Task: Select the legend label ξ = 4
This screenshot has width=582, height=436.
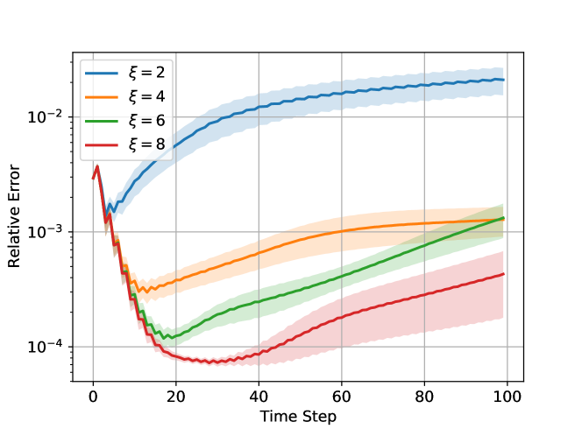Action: click(x=146, y=96)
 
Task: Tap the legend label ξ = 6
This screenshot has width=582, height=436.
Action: click(x=146, y=120)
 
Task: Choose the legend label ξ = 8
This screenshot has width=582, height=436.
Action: click(x=146, y=144)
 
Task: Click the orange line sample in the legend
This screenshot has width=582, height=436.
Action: click(x=103, y=96)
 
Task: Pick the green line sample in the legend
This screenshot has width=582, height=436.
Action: click(x=103, y=120)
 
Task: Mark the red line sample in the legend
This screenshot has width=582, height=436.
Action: click(x=103, y=144)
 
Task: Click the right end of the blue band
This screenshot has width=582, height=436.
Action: click(x=503, y=81)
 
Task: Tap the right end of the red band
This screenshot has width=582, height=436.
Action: click(x=503, y=285)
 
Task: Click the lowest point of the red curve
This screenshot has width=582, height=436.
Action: click(x=210, y=362)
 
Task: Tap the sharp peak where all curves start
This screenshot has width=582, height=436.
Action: click(x=97, y=164)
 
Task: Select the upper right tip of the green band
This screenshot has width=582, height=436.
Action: click(x=503, y=205)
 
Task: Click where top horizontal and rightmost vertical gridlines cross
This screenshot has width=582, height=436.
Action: click(x=507, y=116)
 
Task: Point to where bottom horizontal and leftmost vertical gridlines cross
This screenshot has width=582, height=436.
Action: click(x=93, y=347)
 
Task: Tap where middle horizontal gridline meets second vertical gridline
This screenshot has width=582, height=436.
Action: click(x=175, y=232)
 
